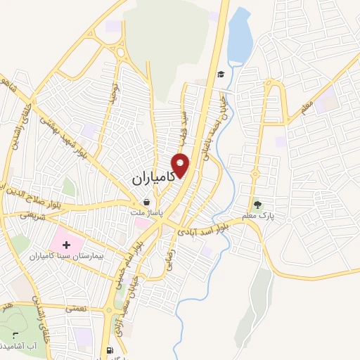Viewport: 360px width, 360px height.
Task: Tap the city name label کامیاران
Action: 155,179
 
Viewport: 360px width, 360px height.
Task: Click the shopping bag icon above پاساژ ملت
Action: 146,202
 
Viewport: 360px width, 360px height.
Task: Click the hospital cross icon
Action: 67,245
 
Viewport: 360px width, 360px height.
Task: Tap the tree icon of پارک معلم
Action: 259,205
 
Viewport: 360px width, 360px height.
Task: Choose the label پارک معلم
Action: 259,216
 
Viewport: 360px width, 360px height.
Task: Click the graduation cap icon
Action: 220,74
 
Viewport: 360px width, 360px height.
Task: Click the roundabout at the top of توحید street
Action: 117,53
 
